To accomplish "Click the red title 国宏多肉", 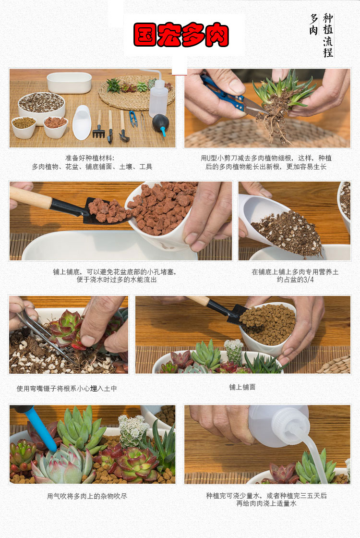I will coord(181,35).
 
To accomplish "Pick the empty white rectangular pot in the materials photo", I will coord(69,83).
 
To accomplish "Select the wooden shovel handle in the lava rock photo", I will coord(30,197).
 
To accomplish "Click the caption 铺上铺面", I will coord(242,387).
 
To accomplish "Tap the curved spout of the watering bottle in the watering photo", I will coord(312,452).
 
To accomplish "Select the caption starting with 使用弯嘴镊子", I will coord(67,389).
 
